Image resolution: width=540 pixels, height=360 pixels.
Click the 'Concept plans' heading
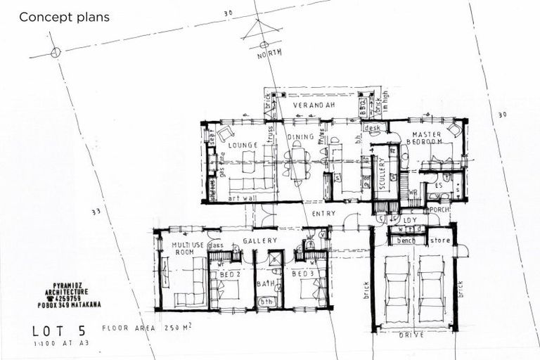pos(64,17)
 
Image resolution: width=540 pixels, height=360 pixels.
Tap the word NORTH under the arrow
pos(269,54)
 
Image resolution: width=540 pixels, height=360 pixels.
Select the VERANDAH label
pos(312,105)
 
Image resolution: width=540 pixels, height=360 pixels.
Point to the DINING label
pos(300,139)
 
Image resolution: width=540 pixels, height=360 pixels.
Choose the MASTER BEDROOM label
pos(426,138)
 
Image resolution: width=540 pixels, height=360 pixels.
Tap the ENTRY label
pos(324,214)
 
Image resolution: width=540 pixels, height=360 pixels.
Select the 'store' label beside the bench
pos(440,240)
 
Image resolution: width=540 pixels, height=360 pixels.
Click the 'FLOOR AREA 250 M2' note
pos(147,327)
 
